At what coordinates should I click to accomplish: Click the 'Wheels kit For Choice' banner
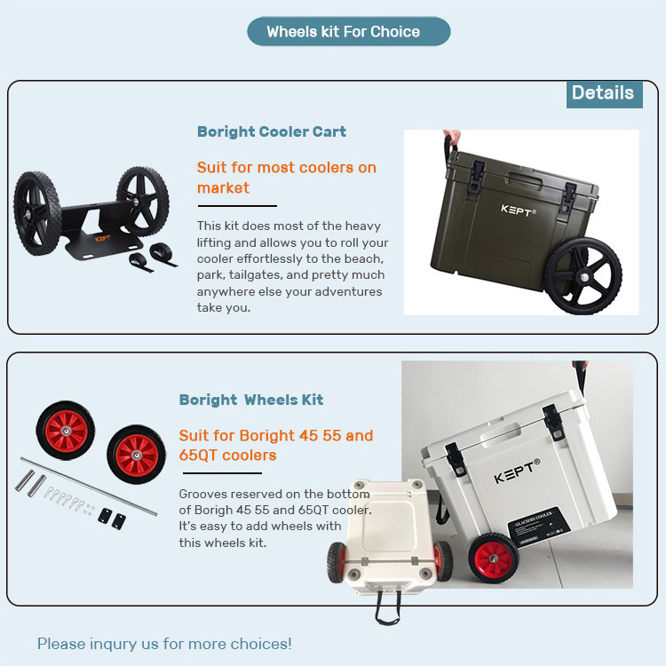tap(349, 31)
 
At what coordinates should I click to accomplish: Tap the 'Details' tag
tap(604, 94)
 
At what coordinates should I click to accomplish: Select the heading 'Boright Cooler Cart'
tap(272, 131)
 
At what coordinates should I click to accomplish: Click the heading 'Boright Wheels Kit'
tap(251, 400)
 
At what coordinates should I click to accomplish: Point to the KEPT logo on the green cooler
tap(519, 210)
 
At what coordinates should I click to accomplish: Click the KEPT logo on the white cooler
tap(517, 471)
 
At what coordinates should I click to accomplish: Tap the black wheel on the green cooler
tap(583, 276)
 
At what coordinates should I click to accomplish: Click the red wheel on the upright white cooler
tap(494, 558)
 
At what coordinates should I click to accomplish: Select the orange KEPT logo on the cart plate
tap(102, 239)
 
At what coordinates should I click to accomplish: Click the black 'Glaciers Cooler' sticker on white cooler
tap(539, 526)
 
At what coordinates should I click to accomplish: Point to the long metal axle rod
tap(89, 487)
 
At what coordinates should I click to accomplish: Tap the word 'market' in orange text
tap(223, 187)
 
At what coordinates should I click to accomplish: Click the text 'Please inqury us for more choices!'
tap(164, 644)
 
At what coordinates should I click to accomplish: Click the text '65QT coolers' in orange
tap(227, 456)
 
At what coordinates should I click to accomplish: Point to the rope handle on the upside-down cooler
tap(387, 607)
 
